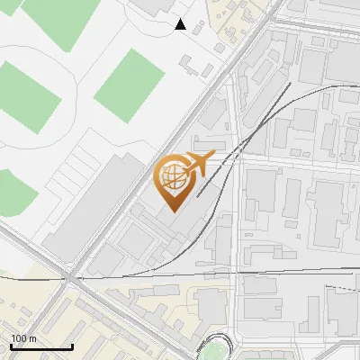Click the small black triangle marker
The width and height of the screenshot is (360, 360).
click(x=181, y=24)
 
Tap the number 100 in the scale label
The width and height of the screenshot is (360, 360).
click(x=19, y=338)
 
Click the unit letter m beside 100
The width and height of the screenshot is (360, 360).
click(x=32, y=338)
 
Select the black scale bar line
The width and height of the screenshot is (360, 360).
click(x=41, y=346)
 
